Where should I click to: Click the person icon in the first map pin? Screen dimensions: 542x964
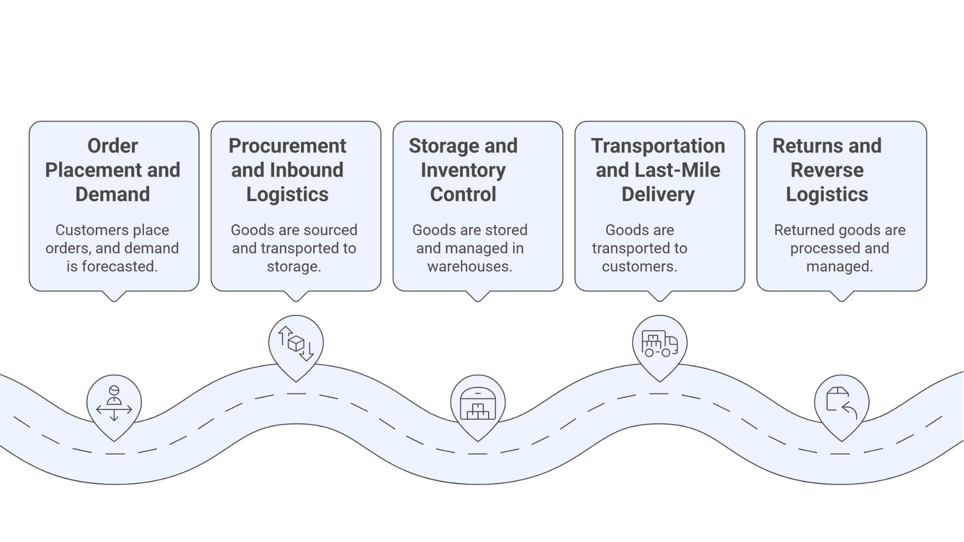pyautogui.click(x=114, y=403)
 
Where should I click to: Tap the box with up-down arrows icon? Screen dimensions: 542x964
pyautogui.click(x=296, y=343)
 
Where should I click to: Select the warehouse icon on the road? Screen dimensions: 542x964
pyautogui.click(x=477, y=403)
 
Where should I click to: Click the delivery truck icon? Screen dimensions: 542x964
pyautogui.click(x=659, y=344)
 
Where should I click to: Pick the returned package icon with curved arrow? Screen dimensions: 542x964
pyautogui.click(x=841, y=403)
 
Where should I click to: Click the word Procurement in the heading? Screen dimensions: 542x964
pyautogui.click(x=287, y=146)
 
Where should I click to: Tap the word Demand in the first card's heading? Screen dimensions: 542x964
pyautogui.click(x=112, y=194)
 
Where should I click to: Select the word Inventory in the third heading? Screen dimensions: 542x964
pyautogui.click(x=463, y=170)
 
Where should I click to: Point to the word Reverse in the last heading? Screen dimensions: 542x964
pyautogui.click(x=827, y=170)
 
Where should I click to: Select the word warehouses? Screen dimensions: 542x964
pyautogui.click(x=469, y=266)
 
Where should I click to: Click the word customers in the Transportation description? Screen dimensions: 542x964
pyautogui.click(x=639, y=266)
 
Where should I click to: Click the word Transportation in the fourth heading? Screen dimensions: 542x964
pyautogui.click(x=658, y=146)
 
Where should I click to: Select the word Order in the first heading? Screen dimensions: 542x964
pyautogui.click(x=112, y=146)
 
